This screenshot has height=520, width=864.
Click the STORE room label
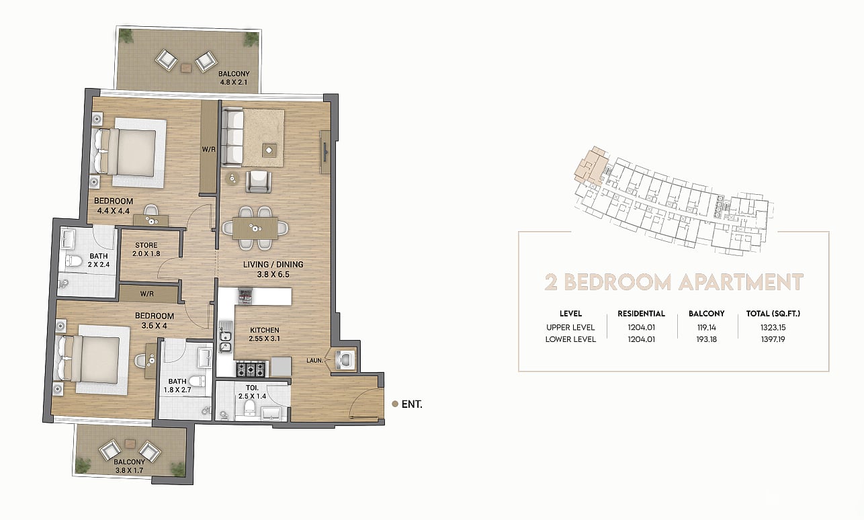pyautogui.click(x=146, y=245)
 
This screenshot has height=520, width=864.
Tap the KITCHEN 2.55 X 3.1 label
pyautogui.click(x=264, y=335)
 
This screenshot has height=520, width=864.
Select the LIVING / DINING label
pyautogui.click(x=273, y=265)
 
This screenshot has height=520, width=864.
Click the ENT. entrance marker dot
pyautogui.click(x=394, y=404)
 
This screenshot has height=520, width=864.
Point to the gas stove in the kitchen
pyautogui.click(x=251, y=368)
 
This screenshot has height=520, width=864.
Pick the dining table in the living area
pyautogui.click(x=255, y=228)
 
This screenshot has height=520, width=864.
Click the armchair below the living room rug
pyautogui.click(x=258, y=181)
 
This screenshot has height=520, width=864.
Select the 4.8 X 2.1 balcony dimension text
pyautogui.click(x=234, y=82)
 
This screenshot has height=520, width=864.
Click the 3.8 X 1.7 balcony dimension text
pyautogui.click(x=129, y=470)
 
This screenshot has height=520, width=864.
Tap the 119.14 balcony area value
pyautogui.click(x=707, y=327)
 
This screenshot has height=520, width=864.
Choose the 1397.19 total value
pyautogui.click(x=773, y=339)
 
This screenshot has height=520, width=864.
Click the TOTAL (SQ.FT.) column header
pyautogui.click(x=773, y=314)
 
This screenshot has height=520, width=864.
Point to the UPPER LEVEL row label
pyautogui.click(x=570, y=327)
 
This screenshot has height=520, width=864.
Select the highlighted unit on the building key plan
pyautogui.click(x=590, y=166)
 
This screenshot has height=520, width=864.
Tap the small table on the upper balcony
pyautogui.click(x=186, y=68)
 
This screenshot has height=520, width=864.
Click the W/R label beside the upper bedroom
pyautogui.click(x=208, y=149)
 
